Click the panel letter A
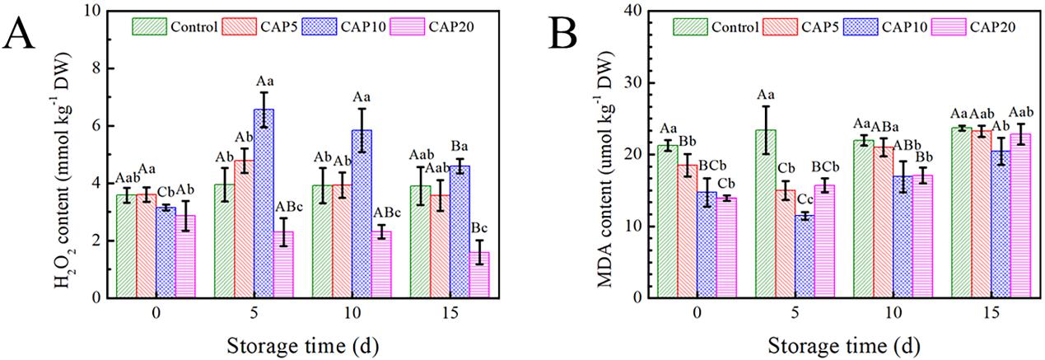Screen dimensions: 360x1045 (22, 34)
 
